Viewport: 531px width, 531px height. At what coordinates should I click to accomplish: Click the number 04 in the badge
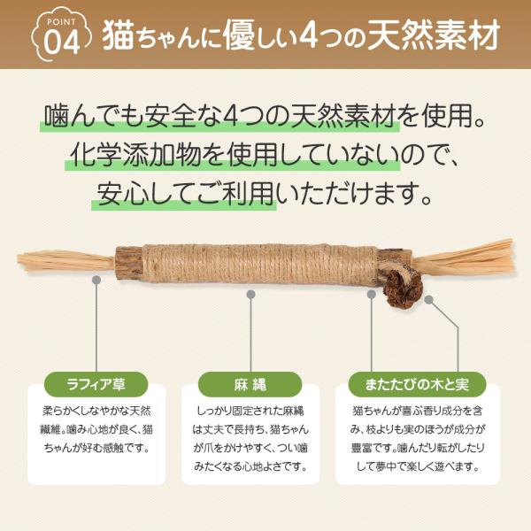tap(62, 42)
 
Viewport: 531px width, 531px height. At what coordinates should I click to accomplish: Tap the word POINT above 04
tap(62, 22)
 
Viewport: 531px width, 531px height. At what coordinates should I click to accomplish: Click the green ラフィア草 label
tap(96, 384)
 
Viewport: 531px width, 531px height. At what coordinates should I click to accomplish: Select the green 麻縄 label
tap(250, 384)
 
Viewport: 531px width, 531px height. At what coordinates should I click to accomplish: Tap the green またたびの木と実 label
tap(417, 384)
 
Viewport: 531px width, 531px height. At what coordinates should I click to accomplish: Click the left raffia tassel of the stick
tap(66, 261)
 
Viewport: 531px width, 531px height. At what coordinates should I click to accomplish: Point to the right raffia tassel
tap(463, 258)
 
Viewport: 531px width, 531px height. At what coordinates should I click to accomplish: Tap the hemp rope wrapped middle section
tap(260, 264)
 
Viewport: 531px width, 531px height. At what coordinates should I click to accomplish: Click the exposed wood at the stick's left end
tap(128, 264)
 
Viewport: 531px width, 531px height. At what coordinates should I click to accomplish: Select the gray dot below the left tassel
tap(96, 280)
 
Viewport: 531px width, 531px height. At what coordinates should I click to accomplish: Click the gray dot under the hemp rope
tap(250, 295)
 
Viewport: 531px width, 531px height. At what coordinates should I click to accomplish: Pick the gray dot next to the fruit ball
tap(429, 299)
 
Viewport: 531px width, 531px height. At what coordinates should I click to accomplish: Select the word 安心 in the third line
tap(122, 195)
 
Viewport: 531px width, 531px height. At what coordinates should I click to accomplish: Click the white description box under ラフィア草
tap(96, 435)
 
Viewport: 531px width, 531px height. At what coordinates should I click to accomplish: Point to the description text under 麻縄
tap(250, 439)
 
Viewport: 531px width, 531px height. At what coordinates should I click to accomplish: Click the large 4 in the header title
tap(309, 35)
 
